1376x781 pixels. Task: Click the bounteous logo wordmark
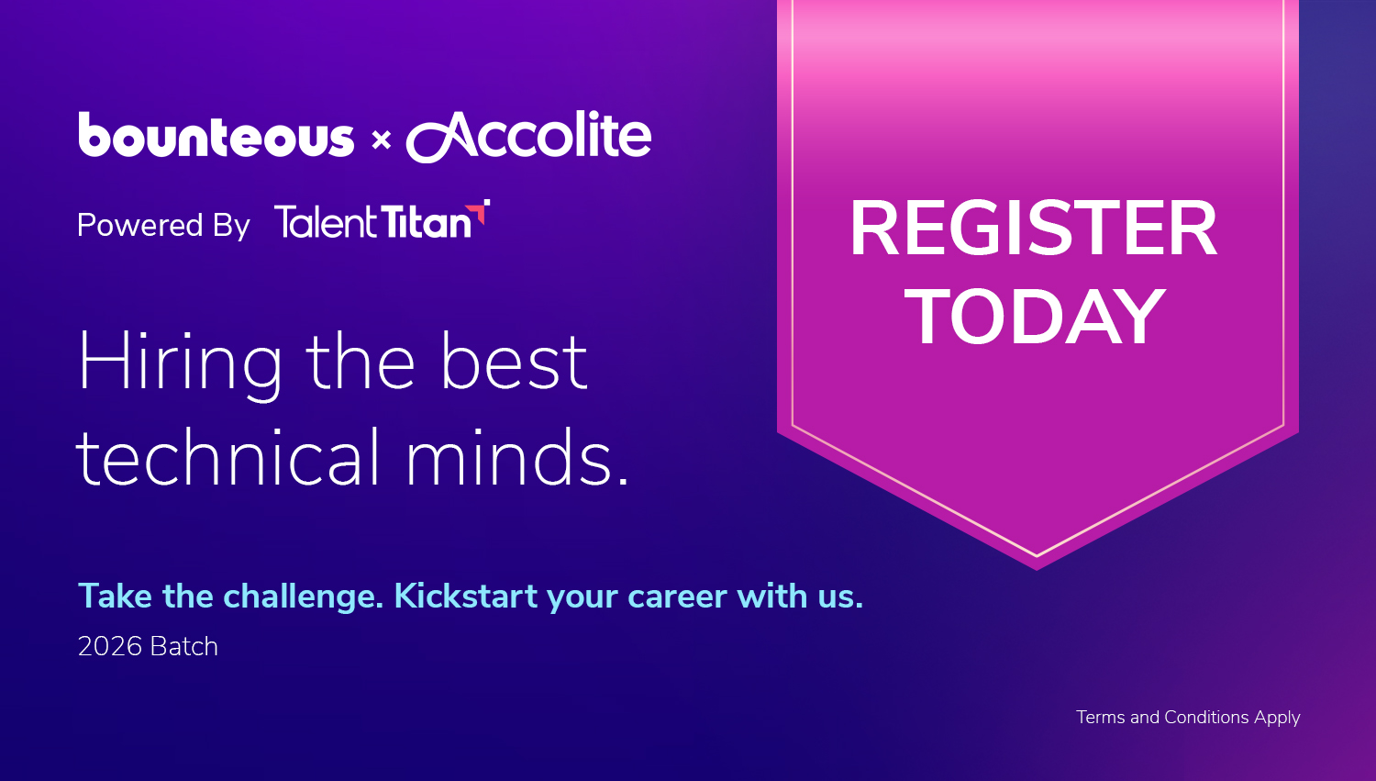(x=216, y=135)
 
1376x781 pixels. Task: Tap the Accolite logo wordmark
(x=528, y=136)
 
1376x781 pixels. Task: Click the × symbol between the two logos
(x=382, y=140)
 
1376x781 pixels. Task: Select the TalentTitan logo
(x=382, y=219)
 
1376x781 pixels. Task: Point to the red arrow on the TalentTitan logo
(x=479, y=212)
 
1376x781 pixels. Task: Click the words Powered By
(x=163, y=225)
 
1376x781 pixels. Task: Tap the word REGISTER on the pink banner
(x=1033, y=229)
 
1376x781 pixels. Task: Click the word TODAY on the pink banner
(x=1035, y=317)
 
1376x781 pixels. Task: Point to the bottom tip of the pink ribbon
(x=1037, y=570)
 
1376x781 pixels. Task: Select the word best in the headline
(x=514, y=362)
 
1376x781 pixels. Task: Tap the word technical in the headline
(x=227, y=457)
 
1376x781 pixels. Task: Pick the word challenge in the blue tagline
(x=304, y=597)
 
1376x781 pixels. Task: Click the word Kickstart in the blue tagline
(x=466, y=596)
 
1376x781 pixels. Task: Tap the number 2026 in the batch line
(x=110, y=646)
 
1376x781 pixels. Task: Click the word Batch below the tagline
(x=184, y=646)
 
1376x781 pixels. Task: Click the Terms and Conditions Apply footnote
(x=1188, y=718)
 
